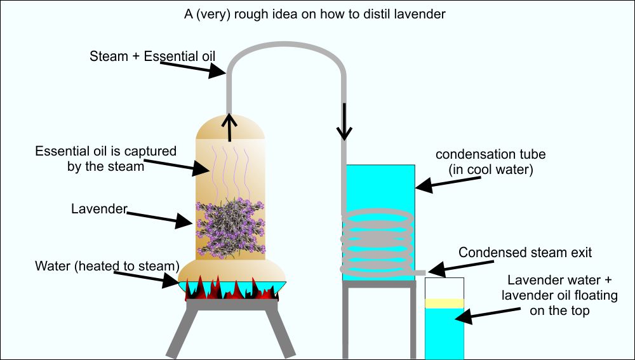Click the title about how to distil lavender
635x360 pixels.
coord(315,14)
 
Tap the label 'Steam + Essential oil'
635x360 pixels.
coord(152,56)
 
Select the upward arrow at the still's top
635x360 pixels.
coord(230,127)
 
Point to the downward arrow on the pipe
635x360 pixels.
coord(344,121)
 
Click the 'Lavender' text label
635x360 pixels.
coord(99,208)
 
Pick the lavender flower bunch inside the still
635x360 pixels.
coord(230,227)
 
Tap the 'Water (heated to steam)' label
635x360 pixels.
coord(107,265)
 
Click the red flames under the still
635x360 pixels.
coord(232,288)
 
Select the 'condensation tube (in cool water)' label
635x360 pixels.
coord(490,161)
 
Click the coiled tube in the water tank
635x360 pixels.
coord(377,241)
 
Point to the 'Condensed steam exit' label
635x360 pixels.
coord(525,252)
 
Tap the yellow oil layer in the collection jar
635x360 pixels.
coord(444,303)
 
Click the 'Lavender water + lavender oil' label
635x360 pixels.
coord(559,295)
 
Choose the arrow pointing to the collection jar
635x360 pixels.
coord(488,313)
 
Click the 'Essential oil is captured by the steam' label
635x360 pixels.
coord(105,158)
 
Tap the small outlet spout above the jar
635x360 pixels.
coord(420,272)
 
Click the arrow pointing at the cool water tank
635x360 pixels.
coord(448,183)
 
